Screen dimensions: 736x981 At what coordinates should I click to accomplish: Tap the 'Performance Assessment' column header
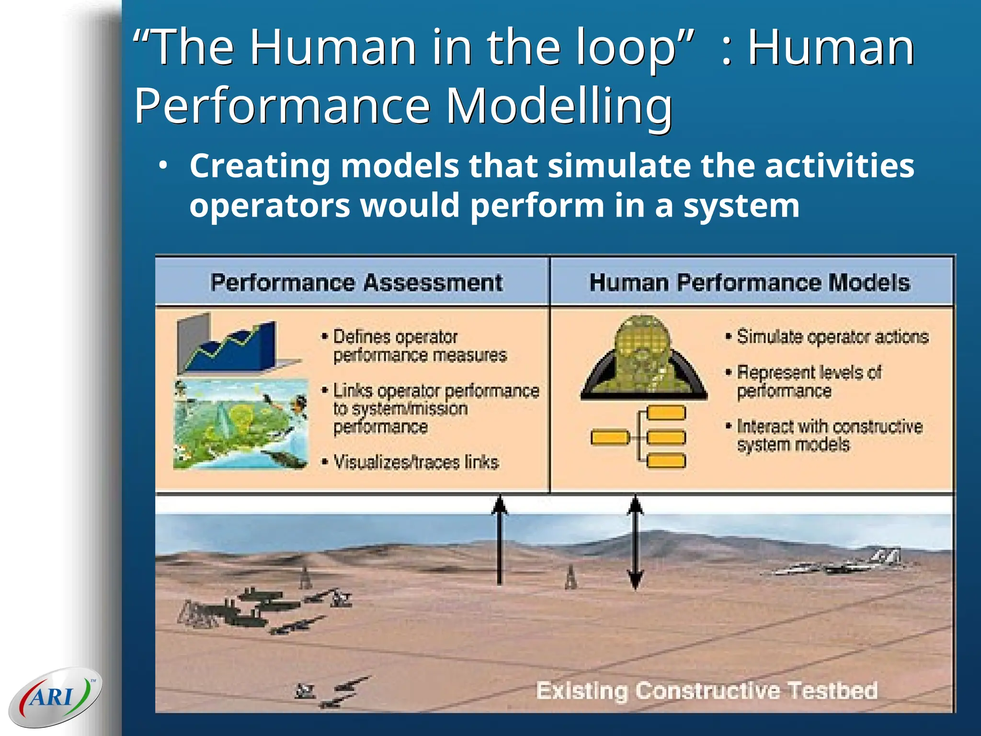coord(356,282)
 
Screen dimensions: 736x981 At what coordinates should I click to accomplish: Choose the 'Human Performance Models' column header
coord(750,282)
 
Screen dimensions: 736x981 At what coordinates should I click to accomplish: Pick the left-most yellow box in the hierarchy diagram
coord(610,437)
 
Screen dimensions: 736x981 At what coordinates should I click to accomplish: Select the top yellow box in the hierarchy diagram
coord(666,413)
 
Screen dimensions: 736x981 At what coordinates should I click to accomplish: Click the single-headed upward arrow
coord(500,539)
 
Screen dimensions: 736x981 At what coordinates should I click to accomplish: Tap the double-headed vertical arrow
coord(635,541)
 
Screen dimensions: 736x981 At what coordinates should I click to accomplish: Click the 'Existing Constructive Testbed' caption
coord(707,691)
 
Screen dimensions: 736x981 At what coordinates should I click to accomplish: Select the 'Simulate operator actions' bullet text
coord(833,337)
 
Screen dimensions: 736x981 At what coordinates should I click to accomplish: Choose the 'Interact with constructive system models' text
coord(829,435)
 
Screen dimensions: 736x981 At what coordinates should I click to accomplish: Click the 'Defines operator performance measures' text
coord(419,346)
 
